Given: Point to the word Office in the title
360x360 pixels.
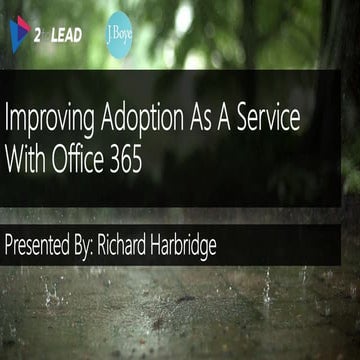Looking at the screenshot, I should pyautogui.click(x=83, y=157).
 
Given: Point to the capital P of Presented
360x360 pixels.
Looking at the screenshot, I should pyautogui.click(x=10, y=241).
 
